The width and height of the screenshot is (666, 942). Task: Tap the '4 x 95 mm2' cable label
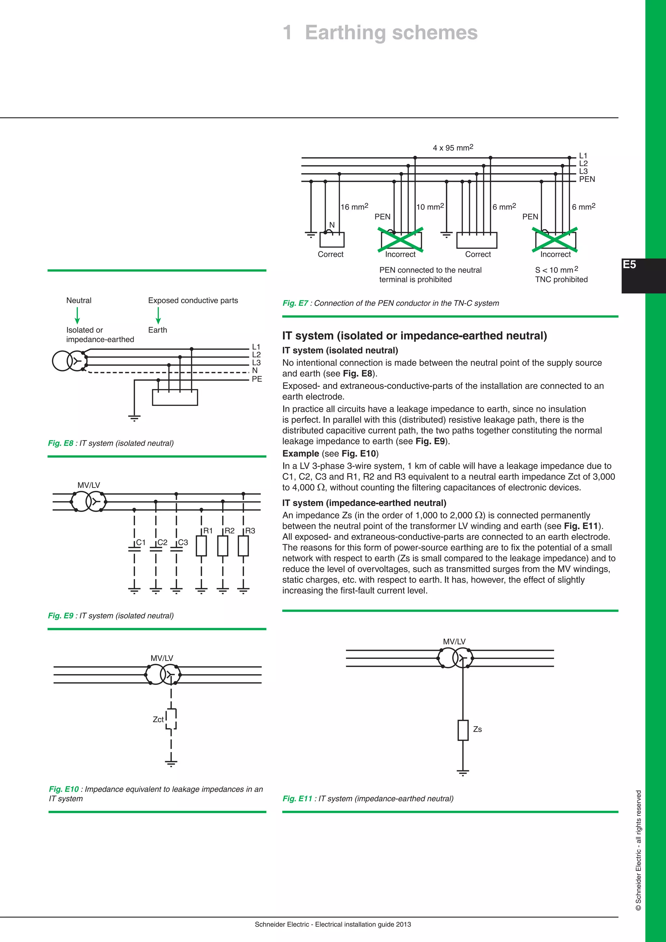[x=453, y=148]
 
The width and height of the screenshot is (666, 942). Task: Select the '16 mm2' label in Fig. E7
[x=354, y=207]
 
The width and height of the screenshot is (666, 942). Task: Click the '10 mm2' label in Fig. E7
[x=430, y=207]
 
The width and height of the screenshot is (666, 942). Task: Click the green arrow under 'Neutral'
[x=77, y=315]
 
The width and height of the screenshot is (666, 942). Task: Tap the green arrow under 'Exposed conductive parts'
[x=158, y=315]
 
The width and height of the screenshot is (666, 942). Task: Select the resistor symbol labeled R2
[x=223, y=546]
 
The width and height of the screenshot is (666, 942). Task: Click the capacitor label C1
[x=141, y=542]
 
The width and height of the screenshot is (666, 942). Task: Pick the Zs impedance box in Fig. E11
[x=463, y=730]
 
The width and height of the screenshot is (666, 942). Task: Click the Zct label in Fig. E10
[x=158, y=720]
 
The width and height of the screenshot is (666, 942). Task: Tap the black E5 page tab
[x=643, y=275]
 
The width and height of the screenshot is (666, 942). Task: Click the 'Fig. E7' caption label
[x=295, y=303]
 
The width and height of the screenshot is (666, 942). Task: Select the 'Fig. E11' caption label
[x=297, y=799]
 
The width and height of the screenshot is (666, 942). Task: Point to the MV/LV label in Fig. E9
[x=88, y=485]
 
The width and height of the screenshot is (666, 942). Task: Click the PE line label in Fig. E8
[x=257, y=379]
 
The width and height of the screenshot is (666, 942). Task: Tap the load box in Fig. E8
[x=175, y=397]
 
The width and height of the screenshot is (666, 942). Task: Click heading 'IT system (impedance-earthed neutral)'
[x=364, y=503]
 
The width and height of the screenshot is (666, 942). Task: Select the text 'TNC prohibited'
[x=561, y=279]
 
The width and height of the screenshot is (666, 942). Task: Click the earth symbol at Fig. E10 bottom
[x=171, y=763]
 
